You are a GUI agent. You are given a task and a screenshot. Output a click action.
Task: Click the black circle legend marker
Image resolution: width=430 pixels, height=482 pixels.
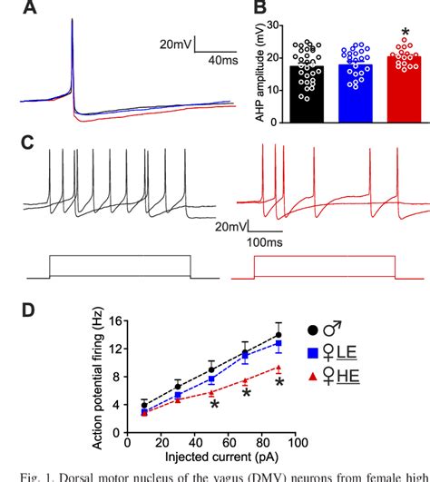pyautogui.click(x=314, y=330)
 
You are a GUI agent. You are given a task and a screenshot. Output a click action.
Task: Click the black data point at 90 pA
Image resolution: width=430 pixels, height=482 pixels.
pyautogui.click(x=279, y=335)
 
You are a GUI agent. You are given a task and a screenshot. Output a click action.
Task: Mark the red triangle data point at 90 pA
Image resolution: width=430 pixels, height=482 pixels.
pyautogui.click(x=279, y=368)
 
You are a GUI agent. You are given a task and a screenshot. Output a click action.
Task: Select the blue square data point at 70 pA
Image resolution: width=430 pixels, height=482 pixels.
pyautogui.click(x=245, y=357)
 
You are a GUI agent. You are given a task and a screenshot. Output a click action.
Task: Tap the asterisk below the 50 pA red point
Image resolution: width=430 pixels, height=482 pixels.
pyautogui.click(x=213, y=405)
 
